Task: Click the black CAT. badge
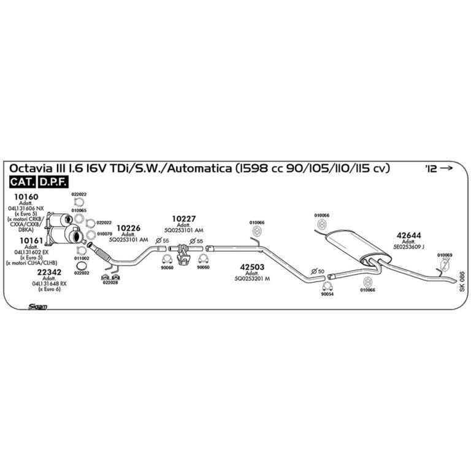(x=22, y=182)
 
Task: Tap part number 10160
(x=26, y=197)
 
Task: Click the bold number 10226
(x=128, y=228)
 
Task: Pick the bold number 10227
(x=183, y=218)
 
